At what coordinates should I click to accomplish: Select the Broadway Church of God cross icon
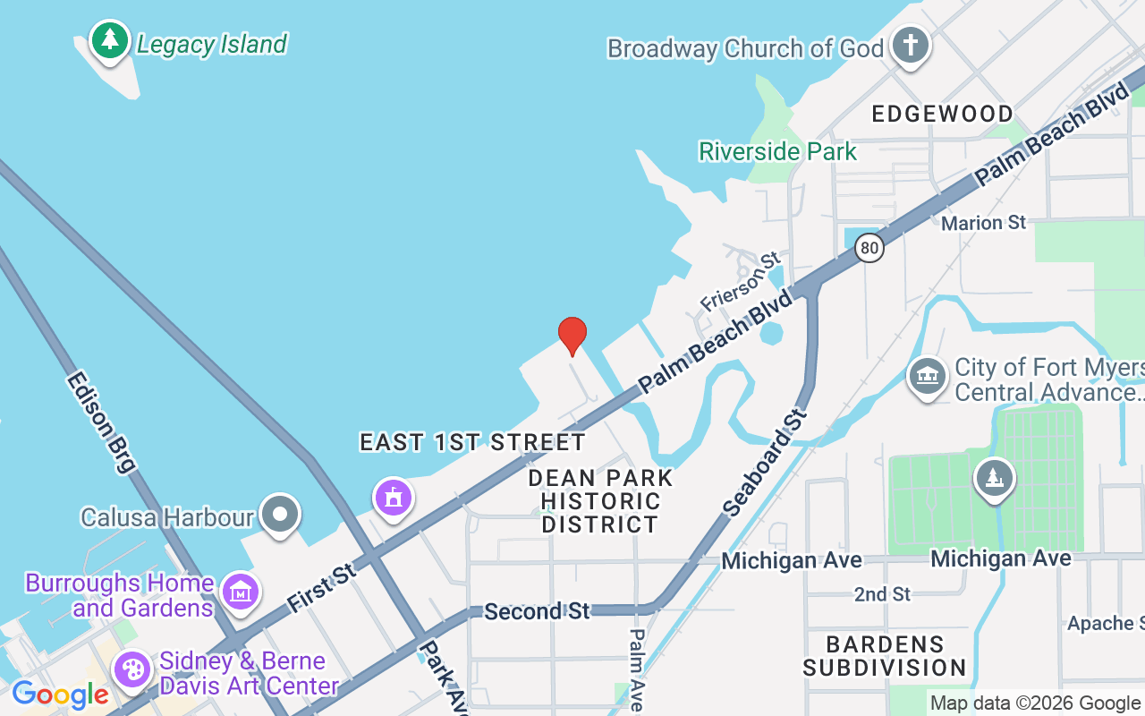911,46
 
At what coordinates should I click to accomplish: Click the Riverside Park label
777,151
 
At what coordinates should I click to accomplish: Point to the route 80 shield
869,247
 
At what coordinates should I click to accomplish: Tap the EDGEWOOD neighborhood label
942,114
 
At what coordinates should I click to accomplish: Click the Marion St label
983,222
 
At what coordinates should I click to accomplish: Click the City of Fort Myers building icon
928,377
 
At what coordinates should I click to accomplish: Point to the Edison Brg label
101,422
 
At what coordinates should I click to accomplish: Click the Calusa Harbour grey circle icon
281,515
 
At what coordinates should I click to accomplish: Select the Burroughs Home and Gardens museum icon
241,592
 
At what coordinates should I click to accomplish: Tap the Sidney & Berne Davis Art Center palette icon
132,670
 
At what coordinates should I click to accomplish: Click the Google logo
60,694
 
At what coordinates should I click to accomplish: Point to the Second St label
537,611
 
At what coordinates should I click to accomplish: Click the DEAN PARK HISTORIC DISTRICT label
600,500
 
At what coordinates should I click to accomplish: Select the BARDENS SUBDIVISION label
884,656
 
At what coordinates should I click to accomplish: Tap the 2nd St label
882,594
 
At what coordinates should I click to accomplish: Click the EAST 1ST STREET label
472,442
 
